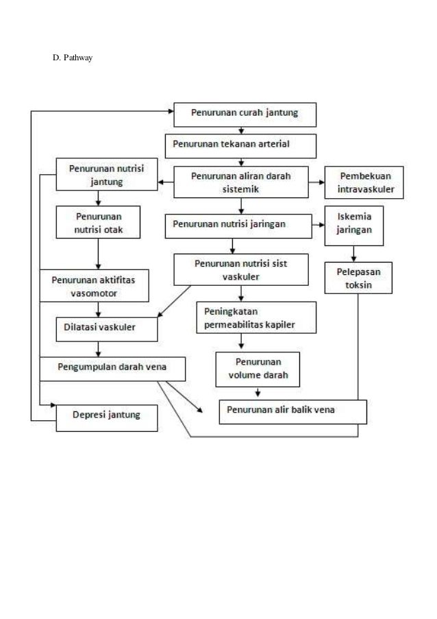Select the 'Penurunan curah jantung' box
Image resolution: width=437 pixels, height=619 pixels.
tap(245, 114)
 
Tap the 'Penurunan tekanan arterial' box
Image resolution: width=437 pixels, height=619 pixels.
tap(240, 145)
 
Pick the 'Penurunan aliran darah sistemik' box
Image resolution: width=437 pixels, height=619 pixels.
tap(240, 182)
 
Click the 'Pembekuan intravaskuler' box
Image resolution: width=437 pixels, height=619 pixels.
tap(364, 182)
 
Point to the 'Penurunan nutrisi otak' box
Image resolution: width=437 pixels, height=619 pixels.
tap(99, 223)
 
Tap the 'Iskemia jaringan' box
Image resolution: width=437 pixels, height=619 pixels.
tap(354, 225)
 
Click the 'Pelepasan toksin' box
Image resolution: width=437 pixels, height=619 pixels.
tap(358, 278)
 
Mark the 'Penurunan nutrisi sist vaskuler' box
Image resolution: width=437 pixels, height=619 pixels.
tap(240, 269)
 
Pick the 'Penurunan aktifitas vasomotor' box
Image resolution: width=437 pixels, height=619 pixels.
tap(94, 287)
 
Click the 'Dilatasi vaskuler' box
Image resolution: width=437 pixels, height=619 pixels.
tap(107, 328)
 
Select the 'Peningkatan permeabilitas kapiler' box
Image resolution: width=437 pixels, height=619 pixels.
tap(255, 317)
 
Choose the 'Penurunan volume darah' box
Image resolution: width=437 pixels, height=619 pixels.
tap(257, 369)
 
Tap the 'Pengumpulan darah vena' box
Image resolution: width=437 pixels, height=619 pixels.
tap(112, 368)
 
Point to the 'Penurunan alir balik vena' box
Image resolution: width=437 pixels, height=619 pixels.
tap(292, 411)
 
